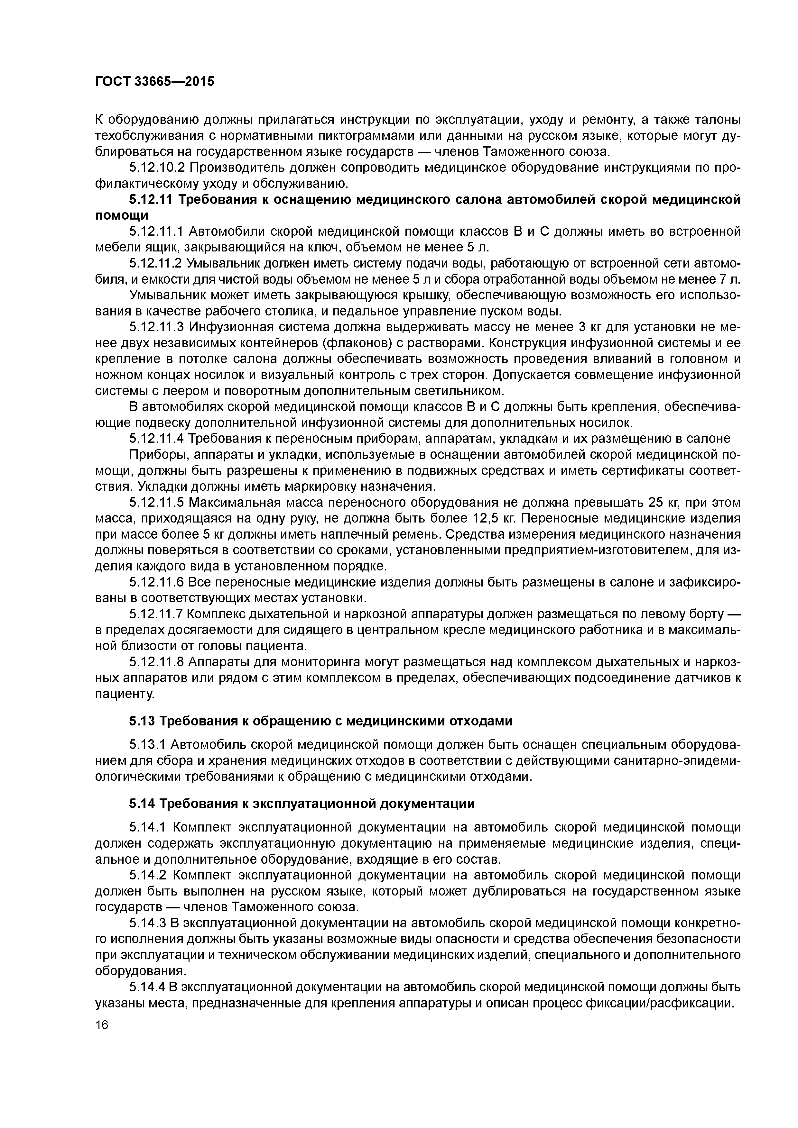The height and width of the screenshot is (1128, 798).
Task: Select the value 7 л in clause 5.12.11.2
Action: coord(730,279)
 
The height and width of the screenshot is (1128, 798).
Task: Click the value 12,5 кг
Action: coord(501,519)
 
